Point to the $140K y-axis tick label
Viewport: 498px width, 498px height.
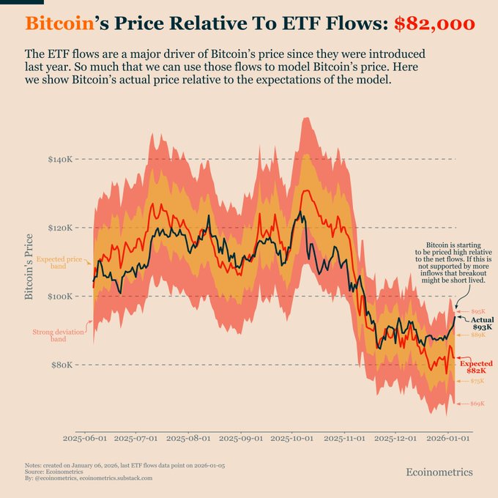click(60, 159)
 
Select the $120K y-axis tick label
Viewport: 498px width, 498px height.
click(60, 228)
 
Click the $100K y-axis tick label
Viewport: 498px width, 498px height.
click(60, 297)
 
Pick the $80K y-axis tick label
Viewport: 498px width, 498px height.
click(62, 365)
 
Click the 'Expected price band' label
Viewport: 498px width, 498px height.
click(59, 263)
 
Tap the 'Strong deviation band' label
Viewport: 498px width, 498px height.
click(58, 335)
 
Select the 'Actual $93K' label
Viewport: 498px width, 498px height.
click(482, 323)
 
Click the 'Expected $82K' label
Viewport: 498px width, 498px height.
click(477, 367)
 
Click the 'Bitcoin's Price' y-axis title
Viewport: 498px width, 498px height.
click(29, 267)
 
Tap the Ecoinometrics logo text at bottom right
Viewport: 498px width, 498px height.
click(439, 472)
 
